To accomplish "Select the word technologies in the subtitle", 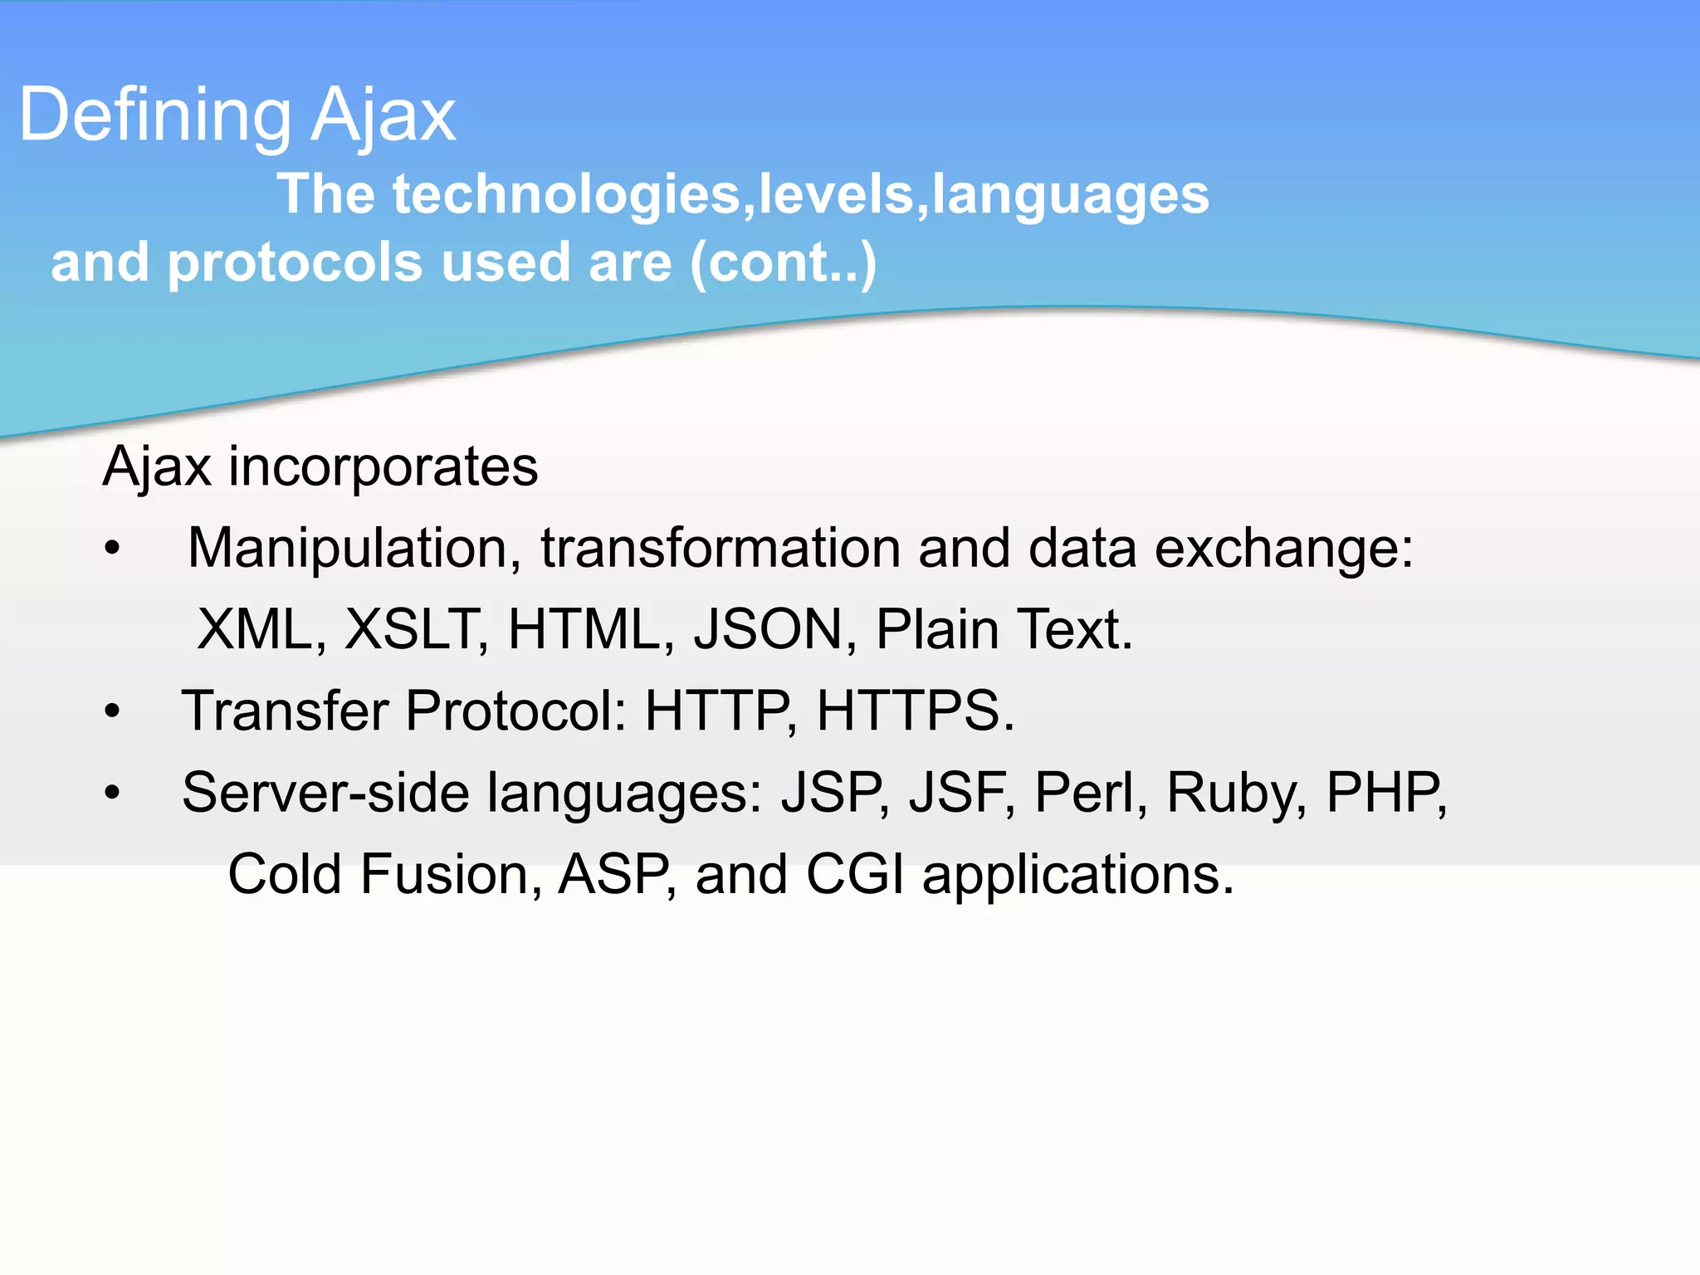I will (x=566, y=194).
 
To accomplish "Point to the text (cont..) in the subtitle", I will (x=783, y=262).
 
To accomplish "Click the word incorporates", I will (x=383, y=467).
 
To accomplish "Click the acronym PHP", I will (x=1385, y=793).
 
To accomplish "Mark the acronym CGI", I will (x=855, y=875).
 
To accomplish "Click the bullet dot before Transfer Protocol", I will (x=113, y=711).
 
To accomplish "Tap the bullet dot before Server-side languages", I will (x=113, y=793).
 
